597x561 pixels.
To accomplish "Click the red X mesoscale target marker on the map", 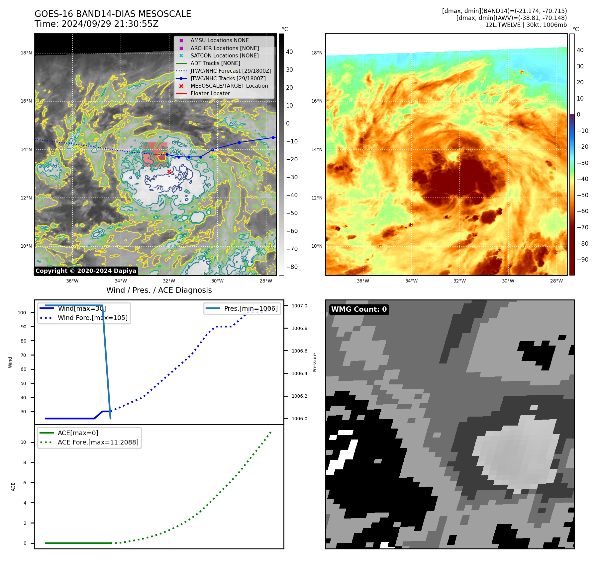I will (169, 171).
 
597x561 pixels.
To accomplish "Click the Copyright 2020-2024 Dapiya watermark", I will (86, 271).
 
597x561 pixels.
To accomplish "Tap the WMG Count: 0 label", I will (359, 309).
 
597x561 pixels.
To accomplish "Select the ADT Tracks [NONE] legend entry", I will (215, 63).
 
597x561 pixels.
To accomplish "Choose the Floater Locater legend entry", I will (210, 93).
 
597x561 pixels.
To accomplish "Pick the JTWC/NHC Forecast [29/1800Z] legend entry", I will (231, 71).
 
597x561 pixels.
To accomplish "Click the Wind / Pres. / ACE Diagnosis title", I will (159, 290).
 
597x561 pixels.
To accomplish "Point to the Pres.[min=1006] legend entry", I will (250, 308).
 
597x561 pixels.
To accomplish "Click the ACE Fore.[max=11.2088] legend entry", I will (98, 442).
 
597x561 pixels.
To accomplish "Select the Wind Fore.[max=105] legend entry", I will (92, 318).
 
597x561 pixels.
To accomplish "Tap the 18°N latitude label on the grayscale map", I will (26, 53).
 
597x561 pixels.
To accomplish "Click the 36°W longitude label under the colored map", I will (363, 281).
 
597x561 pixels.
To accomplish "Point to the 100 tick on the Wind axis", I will (22, 313).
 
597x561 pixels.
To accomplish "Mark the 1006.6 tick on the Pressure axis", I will (299, 351).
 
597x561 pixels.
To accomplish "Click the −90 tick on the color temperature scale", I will (582, 260).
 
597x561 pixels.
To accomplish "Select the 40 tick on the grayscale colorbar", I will (289, 52).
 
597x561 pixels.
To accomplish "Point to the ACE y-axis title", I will (13, 487).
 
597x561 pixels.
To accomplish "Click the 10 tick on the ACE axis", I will (23, 442).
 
